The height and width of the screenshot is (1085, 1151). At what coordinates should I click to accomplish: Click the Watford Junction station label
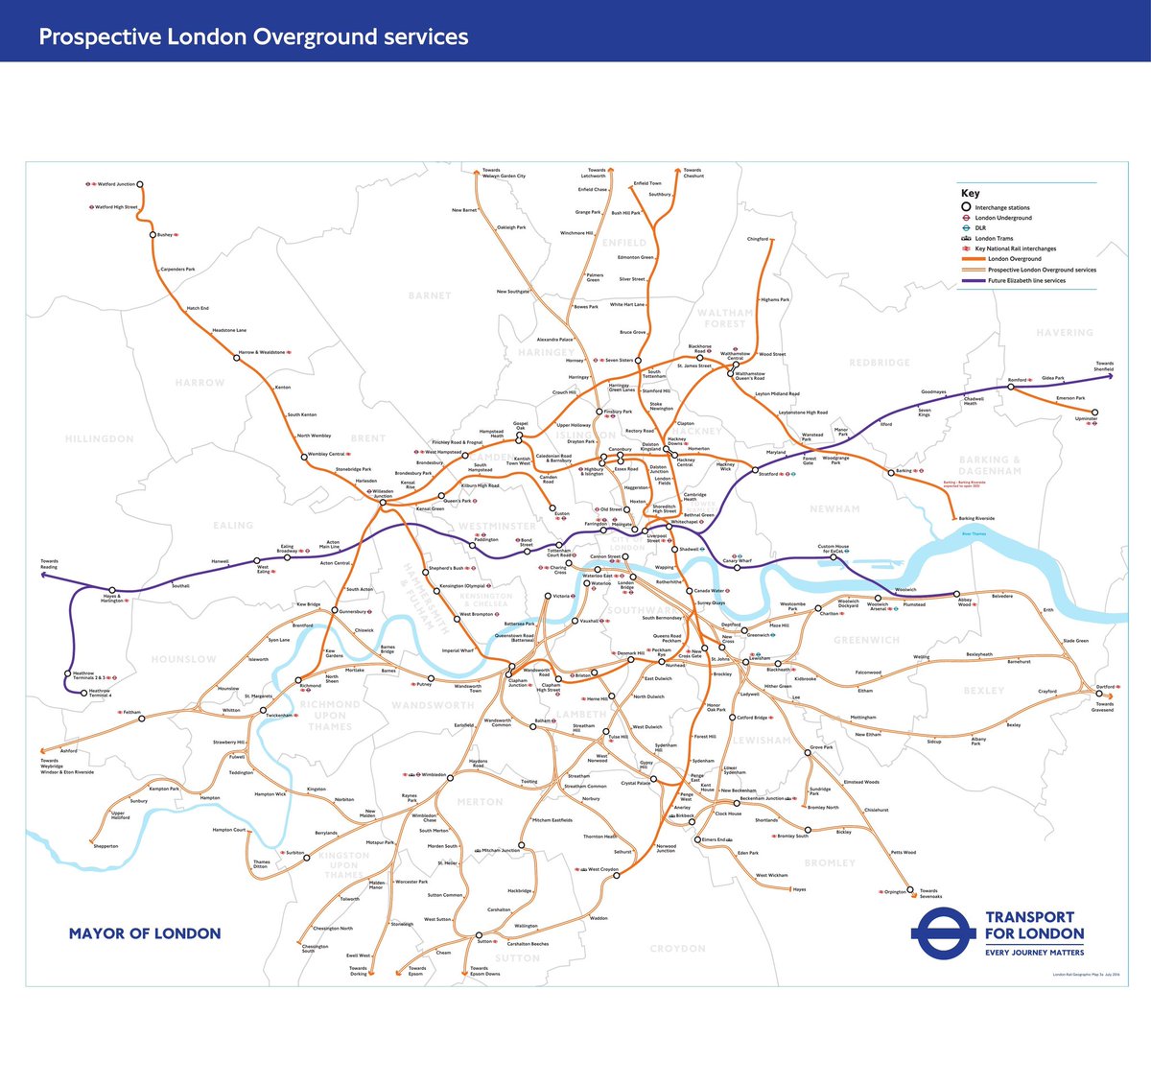click(x=115, y=183)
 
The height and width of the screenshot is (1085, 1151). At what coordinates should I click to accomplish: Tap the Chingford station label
click(x=758, y=239)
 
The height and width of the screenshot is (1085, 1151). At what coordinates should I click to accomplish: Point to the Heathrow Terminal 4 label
click(x=101, y=693)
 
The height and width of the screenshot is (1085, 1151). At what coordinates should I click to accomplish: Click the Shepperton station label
click(x=106, y=846)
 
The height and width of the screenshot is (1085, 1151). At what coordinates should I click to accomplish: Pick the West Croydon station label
click(x=603, y=869)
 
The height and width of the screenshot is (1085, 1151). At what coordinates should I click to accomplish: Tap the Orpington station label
click(x=894, y=892)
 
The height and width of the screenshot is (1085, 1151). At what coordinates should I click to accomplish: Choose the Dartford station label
click(x=1105, y=687)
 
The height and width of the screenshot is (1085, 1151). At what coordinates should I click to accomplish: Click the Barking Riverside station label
click(x=976, y=518)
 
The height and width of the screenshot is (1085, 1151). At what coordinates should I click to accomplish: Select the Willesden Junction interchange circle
click(x=382, y=502)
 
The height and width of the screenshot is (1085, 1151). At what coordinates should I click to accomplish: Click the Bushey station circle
click(x=153, y=235)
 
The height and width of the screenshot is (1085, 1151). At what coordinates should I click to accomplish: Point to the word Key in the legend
click(x=971, y=193)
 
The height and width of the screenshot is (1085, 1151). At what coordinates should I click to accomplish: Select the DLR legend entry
click(x=980, y=228)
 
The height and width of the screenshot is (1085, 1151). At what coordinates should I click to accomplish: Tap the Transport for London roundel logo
click(x=943, y=933)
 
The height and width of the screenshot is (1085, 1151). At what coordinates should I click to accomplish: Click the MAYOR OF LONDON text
click(x=145, y=933)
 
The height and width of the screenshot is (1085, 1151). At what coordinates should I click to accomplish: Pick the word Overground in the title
click(x=312, y=37)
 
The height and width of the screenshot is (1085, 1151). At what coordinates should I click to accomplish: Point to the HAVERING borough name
click(x=1065, y=333)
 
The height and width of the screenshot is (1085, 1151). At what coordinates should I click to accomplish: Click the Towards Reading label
click(x=49, y=564)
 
